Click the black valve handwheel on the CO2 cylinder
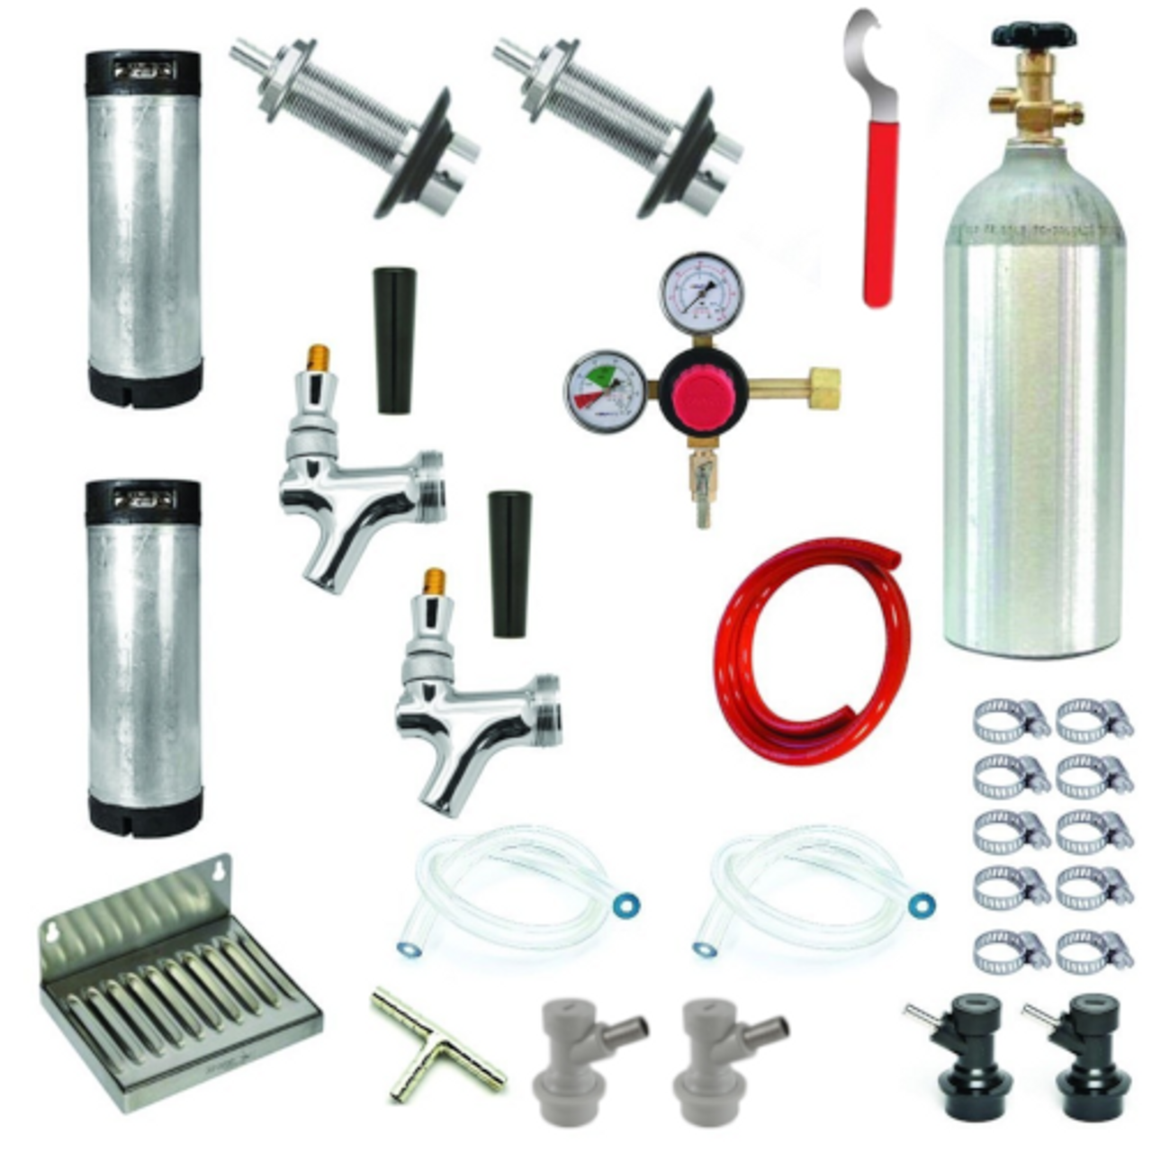[1035, 36]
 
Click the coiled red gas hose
[810, 648]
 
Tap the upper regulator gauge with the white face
[703, 292]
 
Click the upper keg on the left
[144, 225]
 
